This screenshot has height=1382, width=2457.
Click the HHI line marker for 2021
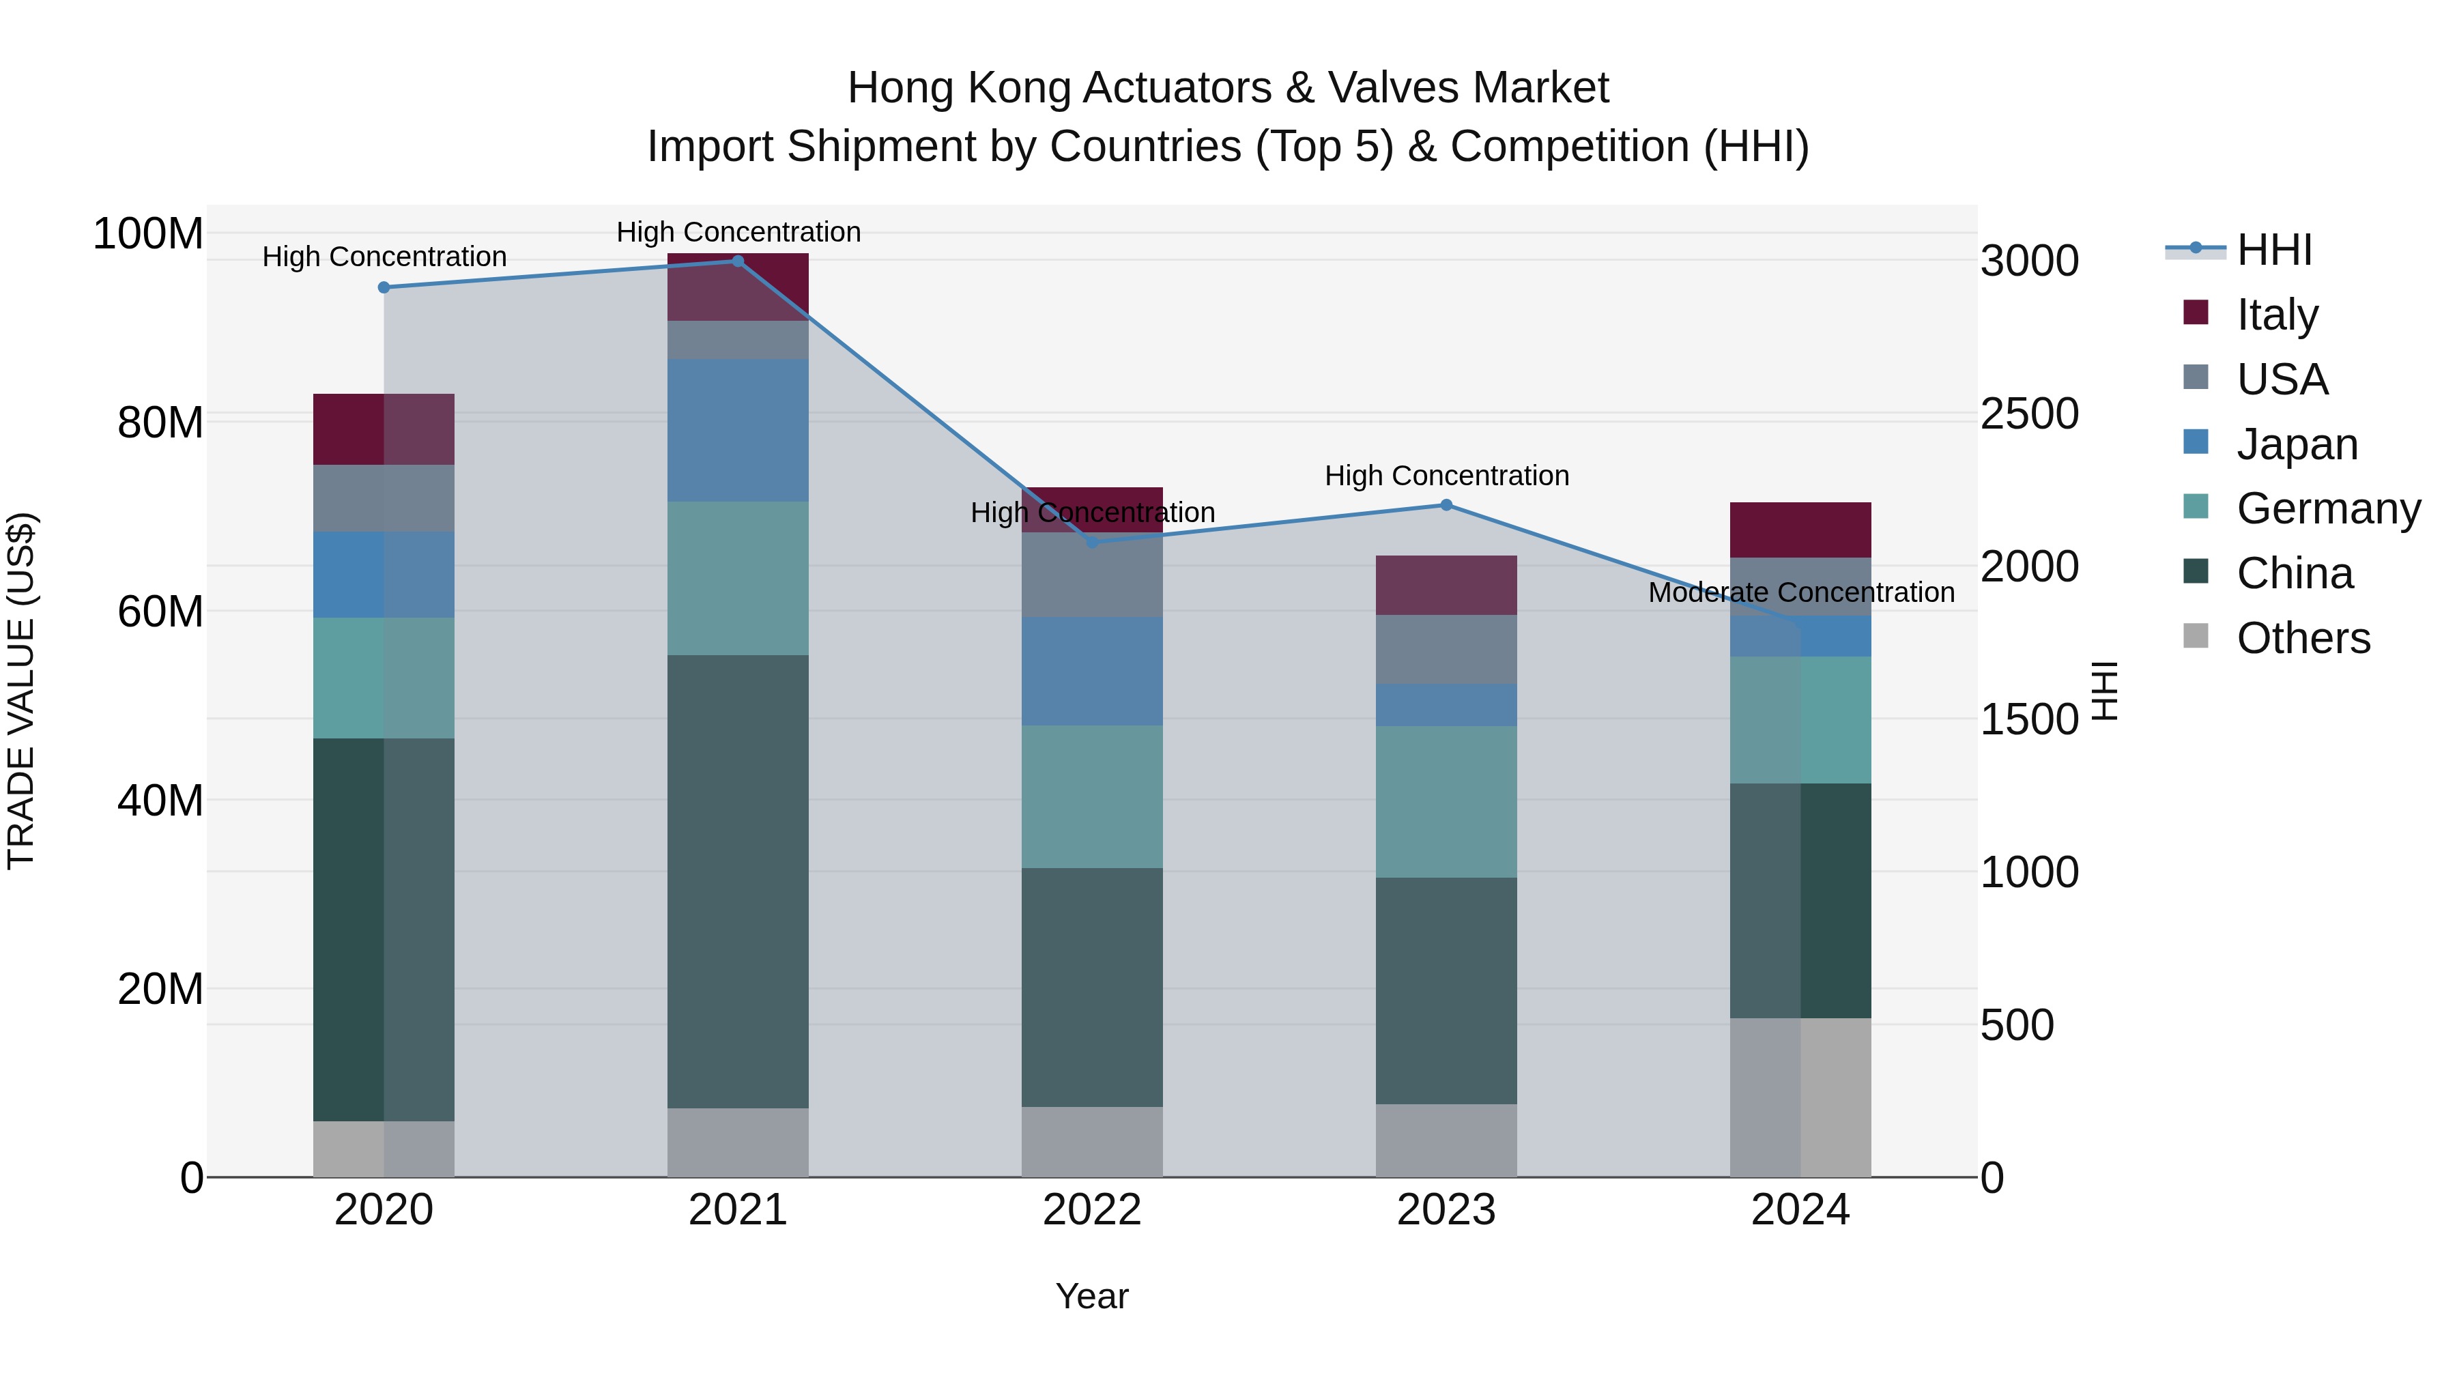(x=737, y=261)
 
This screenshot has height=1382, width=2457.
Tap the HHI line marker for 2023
(x=1446, y=506)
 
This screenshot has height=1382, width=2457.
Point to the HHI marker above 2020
(x=384, y=287)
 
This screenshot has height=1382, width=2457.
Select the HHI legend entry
(x=2275, y=250)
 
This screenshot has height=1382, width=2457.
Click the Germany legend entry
(x=2328, y=508)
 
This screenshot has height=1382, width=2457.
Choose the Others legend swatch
(x=2196, y=636)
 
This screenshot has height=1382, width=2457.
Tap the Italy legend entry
(x=2277, y=315)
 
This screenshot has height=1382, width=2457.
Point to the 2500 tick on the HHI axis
(x=2030, y=414)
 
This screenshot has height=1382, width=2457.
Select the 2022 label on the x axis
(x=1092, y=1210)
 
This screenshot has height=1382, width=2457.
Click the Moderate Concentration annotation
(x=1801, y=592)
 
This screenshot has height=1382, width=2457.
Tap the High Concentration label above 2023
(x=1446, y=475)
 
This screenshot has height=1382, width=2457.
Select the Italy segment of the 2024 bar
(x=1801, y=530)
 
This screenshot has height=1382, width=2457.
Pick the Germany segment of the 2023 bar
(x=1446, y=801)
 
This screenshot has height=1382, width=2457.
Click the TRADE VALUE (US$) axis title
(x=21, y=691)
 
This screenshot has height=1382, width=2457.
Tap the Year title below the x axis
(x=1092, y=1296)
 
